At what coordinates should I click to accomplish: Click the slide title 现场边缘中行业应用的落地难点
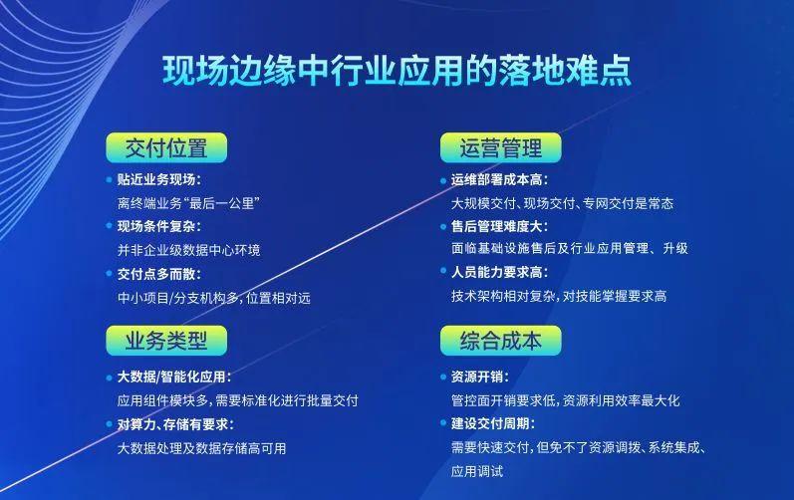tap(397, 72)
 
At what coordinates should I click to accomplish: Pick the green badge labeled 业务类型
tap(166, 341)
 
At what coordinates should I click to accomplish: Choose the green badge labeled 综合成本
tap(500, 341)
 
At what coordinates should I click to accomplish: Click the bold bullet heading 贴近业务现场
tap(158, 179)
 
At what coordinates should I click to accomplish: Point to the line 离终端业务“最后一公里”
tap(188, 203)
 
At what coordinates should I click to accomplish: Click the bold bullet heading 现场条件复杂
tap(158, 226)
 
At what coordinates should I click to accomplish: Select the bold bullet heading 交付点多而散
tap(158, 273)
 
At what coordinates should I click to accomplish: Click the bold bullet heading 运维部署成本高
tap(499, 179)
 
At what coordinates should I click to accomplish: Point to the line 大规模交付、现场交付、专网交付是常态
tap(562, 203)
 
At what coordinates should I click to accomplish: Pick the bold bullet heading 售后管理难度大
tap(499, 226)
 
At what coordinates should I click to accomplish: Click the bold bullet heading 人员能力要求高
tap(499, 273)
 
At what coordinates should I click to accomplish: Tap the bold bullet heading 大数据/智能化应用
tap(174, 376)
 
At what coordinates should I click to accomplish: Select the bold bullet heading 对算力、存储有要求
tap(175, 423)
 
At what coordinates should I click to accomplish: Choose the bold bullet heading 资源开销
tap(479, 376)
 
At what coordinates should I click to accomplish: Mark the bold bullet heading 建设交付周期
tap(492, 423)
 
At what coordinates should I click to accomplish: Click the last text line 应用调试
tap(477, 471)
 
